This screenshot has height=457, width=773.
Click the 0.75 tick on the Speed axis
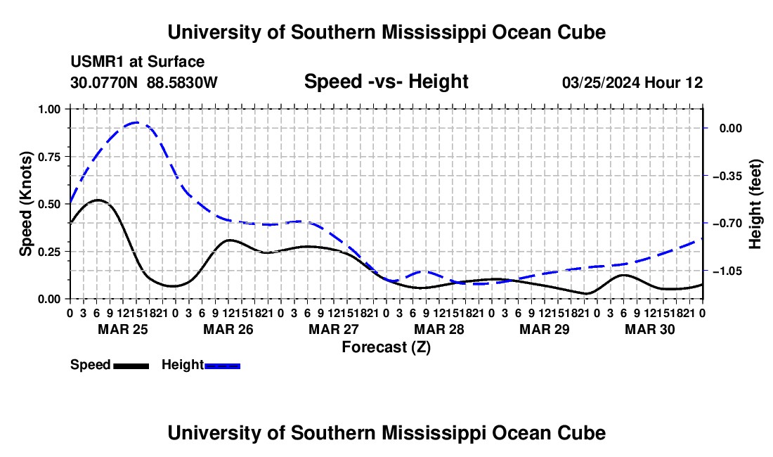(48, 157)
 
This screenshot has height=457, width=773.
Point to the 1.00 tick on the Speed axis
(48, 109)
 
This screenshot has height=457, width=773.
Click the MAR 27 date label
(334, 329)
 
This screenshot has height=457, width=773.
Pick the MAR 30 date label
(650, 329)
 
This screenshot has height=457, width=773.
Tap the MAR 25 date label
(123, 329)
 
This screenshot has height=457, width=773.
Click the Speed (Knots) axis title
(25, 204)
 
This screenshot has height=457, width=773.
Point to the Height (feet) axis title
(755, 204)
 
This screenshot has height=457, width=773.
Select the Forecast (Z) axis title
(386, 347)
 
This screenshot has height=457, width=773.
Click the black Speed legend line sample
(131, 366)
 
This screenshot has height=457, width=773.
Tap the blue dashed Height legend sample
(222, 366)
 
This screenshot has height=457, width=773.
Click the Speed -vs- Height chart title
(386, 82)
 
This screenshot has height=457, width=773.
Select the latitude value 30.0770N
(104, 82)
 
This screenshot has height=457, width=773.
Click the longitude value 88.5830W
(182, 82)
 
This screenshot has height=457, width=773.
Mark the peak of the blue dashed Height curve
(136, 122)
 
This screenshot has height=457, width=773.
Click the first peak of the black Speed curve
(98, 200)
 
